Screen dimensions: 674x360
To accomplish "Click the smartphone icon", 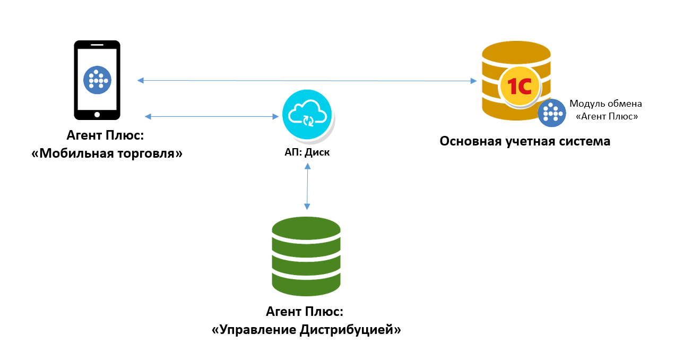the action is (97, 80).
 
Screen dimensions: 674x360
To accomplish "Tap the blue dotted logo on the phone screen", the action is (97, 80).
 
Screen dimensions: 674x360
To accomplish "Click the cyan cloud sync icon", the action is (307, 114).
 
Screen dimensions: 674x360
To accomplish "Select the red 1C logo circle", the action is (520, 87).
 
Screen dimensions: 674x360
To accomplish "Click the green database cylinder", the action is (306, 256).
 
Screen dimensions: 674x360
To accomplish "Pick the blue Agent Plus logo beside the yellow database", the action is (552, 113).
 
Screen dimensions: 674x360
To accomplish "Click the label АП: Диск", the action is (307, 152).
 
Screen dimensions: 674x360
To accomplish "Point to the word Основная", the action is (471, 141).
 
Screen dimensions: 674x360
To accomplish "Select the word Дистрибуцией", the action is (350, 330).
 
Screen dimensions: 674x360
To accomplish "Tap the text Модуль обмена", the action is (606, 104).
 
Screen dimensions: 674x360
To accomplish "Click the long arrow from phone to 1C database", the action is (307, 81).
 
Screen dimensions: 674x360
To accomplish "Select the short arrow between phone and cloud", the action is (212, 116).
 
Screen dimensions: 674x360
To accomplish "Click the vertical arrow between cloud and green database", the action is (307, 186).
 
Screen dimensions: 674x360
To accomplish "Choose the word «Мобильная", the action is (73, 153).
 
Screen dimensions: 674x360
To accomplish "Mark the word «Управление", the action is (254, 330).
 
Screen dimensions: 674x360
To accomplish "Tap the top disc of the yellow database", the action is (516, 53).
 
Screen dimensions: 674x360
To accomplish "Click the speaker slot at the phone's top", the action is (97, 45).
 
